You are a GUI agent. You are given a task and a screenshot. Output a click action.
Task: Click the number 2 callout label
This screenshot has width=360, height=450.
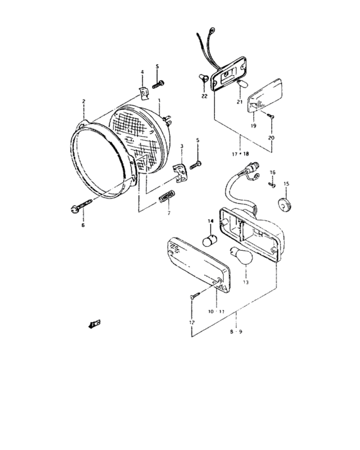(83, 102)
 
